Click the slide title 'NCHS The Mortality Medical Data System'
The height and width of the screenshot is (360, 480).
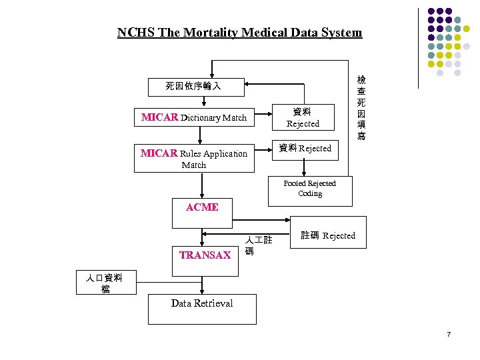pyautogui.click(x=239, y=32)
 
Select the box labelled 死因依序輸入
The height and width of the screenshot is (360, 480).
pyautogui.click(x=193, y=86)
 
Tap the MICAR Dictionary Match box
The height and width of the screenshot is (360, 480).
pyautogui.click(x=194, y=118)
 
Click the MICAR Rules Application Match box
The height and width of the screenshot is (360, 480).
pyautogui.click(x=194, y=159)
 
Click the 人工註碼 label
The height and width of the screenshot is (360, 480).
pyautogui.click(x=257, y=245)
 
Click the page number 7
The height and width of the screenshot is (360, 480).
pyautogui.click(x=449, y=333)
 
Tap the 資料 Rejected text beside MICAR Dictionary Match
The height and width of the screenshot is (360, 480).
pyautogui.click(x=303, y=117)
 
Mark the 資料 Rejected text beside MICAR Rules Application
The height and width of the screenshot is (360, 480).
pyautogui.click(x=305, y=148)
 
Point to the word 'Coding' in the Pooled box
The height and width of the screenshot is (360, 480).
pyautogui.click(x=310, y=194)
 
